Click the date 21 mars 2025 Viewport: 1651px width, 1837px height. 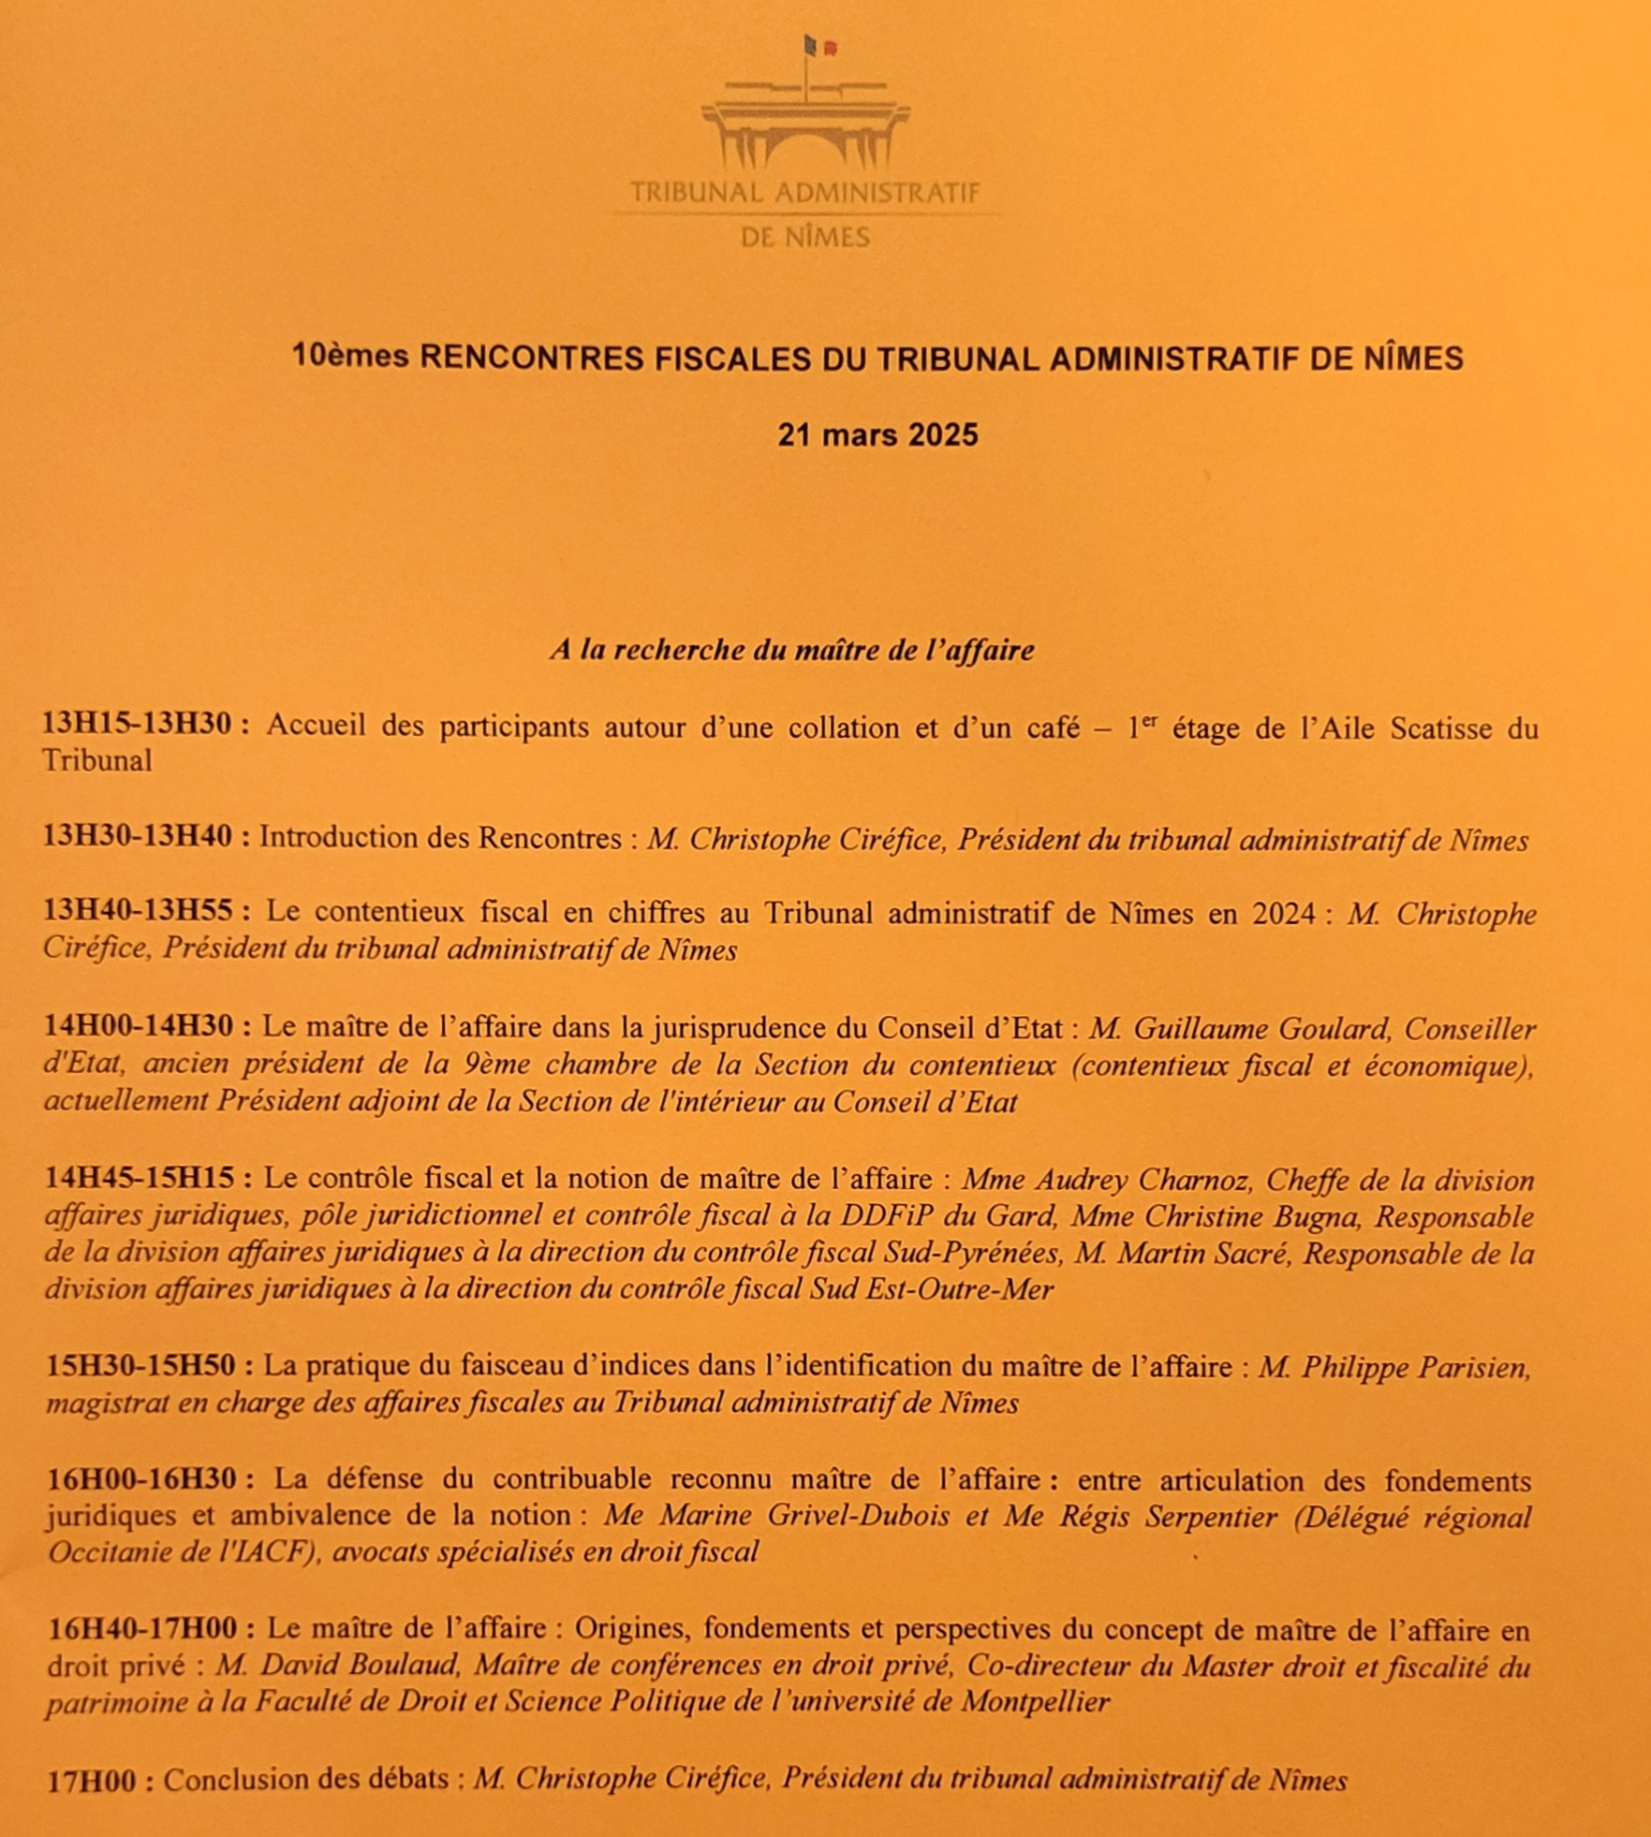click(877, 435)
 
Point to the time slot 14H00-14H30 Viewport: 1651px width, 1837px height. click(139, 1026)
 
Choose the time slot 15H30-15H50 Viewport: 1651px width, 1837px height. click(140, 1365)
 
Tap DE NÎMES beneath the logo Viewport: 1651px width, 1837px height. click(805, 238)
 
